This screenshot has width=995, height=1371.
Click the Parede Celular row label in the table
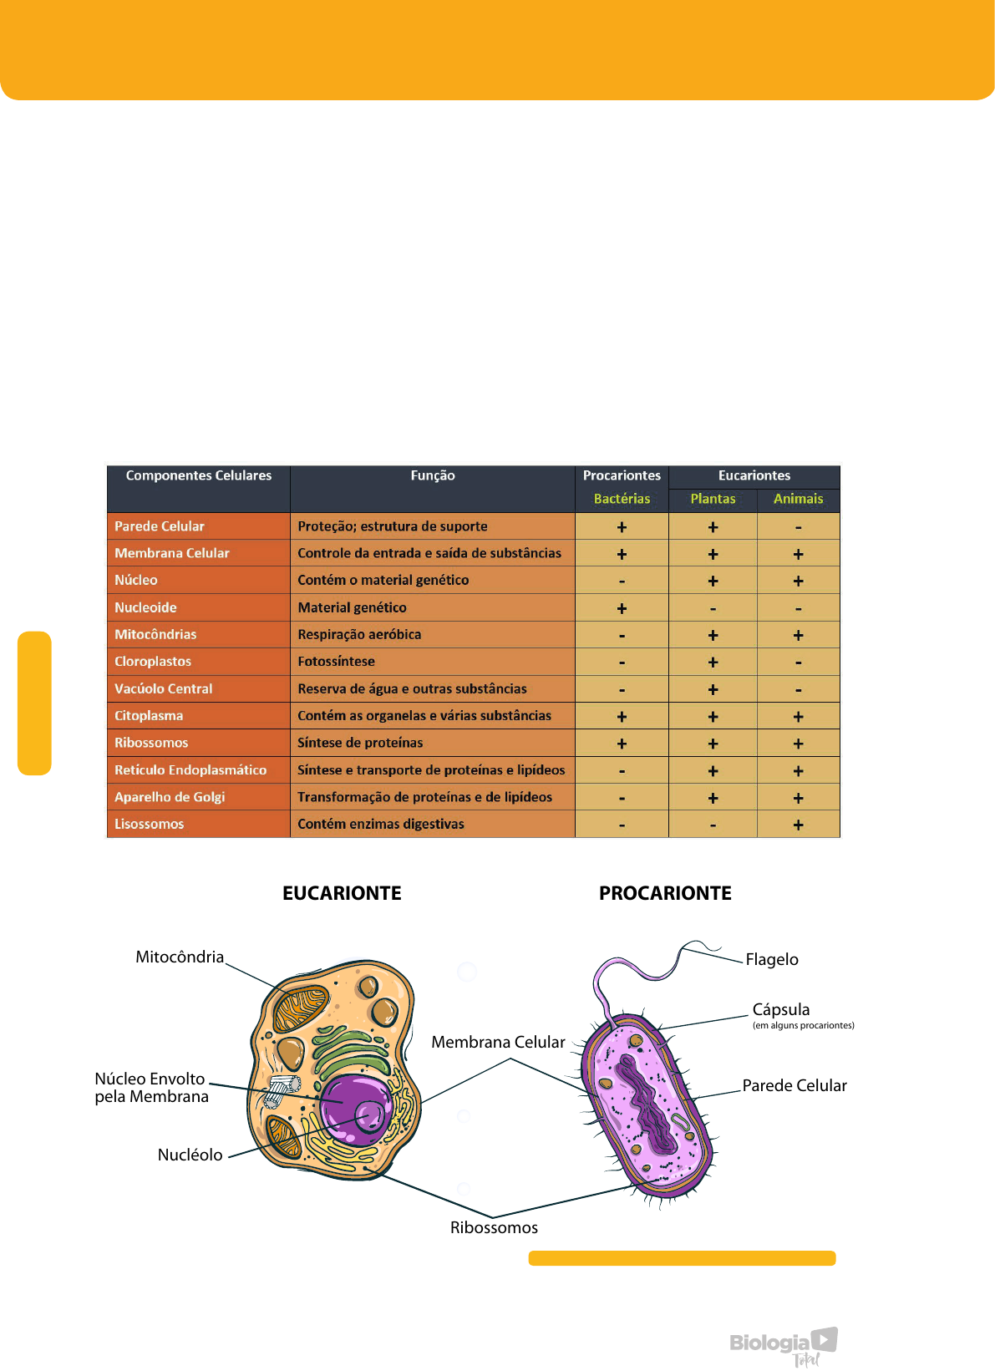(160, 526)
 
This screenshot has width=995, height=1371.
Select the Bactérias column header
(622, 499)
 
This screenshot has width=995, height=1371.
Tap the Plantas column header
(713, 499)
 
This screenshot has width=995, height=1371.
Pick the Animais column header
(798, 499)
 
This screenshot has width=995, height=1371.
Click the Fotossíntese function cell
(337, 662)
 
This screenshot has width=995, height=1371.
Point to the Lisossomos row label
(150, 824)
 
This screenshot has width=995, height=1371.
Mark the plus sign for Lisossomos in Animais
(798, 825)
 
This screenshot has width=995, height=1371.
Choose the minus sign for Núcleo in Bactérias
(622, 581)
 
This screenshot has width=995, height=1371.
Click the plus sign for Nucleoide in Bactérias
(622, 608)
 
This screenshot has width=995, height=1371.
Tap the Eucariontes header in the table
(754, 475)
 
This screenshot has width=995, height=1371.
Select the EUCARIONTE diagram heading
(342, 893)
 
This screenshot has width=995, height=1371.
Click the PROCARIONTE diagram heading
(665, 893)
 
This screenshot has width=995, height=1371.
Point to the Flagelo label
(772, 959)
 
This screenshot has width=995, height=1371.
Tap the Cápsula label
(781, 1009)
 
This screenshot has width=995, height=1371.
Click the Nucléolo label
(190, 1155)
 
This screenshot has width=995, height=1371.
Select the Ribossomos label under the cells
(494, 1227)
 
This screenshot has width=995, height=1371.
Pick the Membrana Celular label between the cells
(498, 1042)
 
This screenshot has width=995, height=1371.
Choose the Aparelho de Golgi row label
(170, 797)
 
